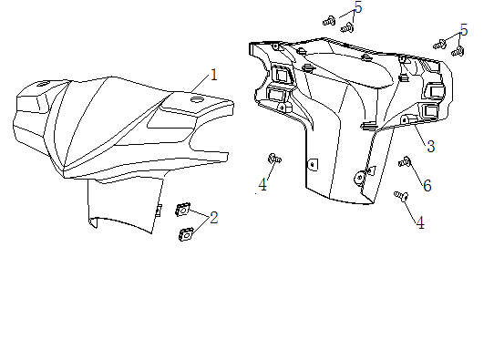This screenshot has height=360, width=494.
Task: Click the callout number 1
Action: click(214, 75)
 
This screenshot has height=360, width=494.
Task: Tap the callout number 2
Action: click(214, 218)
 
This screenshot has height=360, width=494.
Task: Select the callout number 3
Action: click(431, 147)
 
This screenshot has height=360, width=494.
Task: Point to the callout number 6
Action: click(427, 186)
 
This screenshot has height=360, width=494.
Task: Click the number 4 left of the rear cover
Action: click(262, 185)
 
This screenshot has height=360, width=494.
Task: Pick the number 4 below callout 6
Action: click(420, 223)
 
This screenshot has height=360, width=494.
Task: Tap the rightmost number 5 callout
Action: click(464, 30)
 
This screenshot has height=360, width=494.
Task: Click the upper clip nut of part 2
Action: click(182, 210)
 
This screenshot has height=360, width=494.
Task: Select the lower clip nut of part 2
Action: click(186, 234)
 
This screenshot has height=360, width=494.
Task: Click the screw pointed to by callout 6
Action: click(405, 162)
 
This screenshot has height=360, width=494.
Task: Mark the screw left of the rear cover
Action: click(274, 159)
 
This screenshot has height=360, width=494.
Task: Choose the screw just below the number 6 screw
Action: click(401, 196)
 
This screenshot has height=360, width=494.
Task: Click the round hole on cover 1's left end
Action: click(42, 84)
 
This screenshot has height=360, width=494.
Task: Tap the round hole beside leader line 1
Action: click(198, 100)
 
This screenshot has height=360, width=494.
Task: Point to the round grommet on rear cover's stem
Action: click(359, 178)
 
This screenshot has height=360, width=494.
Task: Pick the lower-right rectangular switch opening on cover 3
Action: click(429, 111)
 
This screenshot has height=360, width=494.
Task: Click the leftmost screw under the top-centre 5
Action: click(329, 21)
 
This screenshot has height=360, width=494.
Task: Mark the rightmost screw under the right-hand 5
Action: click(458, 51)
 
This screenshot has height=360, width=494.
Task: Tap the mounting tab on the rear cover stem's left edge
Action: click(313, 164)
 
